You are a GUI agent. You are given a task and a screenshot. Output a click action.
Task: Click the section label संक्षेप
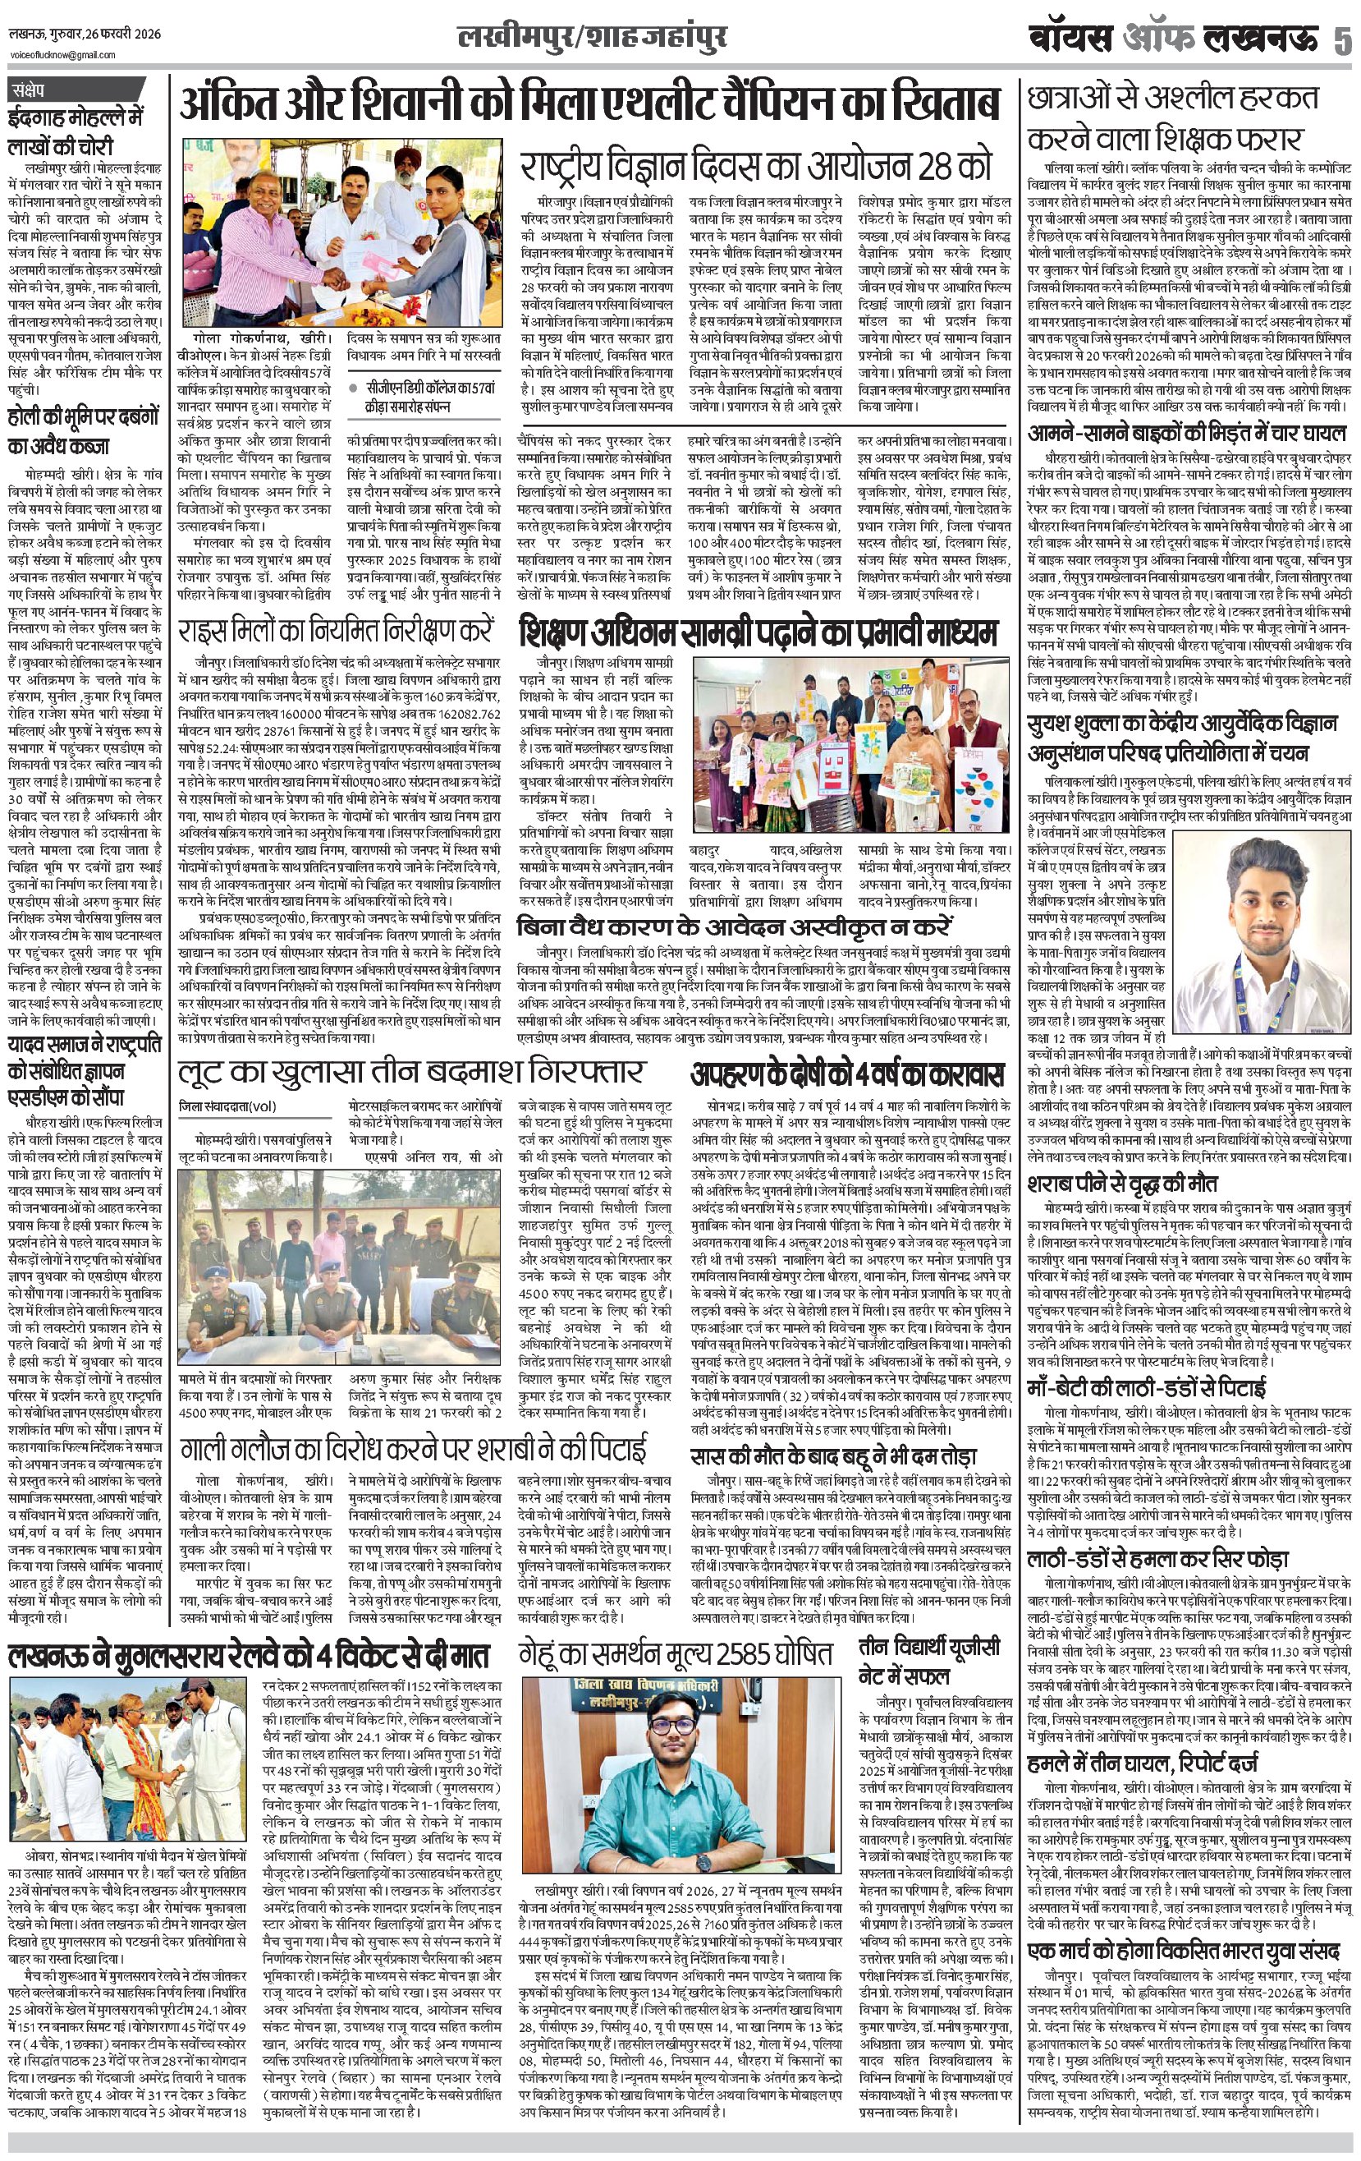pos(34,90)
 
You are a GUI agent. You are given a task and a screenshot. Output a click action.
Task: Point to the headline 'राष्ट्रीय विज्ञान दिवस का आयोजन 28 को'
pos(757,167)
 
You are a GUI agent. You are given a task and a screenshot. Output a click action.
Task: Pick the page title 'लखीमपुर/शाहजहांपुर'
pos(591,39)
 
